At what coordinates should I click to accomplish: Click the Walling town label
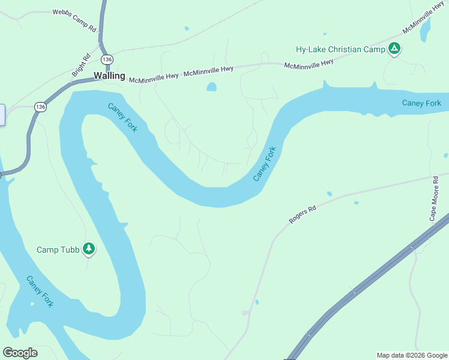(109, 76)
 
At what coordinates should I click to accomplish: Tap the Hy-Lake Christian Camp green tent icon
(394, 49)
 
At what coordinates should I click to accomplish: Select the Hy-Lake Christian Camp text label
(340, 49)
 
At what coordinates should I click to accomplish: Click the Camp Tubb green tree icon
(89, 249)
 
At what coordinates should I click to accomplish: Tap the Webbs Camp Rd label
(74, 20)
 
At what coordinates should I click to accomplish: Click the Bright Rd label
(80, 65)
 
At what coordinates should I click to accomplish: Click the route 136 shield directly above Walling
(107, 59)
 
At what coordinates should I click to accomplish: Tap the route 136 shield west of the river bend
(40, 107)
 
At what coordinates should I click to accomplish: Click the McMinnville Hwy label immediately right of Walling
(154, 76)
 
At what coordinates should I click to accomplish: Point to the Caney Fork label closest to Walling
(122, 118)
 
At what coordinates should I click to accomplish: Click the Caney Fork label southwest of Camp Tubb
(40, 292)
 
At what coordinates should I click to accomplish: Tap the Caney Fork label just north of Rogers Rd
(264, 164)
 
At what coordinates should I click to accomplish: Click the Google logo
(20, 353)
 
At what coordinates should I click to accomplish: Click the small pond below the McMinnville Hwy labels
(211, 87)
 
